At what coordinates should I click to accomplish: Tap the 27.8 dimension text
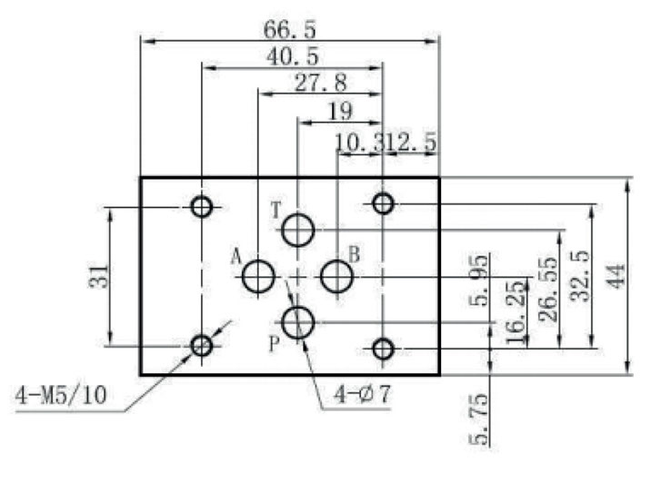point(320,84)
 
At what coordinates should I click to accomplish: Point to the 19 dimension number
point(339,112)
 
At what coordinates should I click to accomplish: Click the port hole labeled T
point(297,231)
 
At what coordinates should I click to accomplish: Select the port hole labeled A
point(259,275)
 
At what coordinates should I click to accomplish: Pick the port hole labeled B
point(337,275)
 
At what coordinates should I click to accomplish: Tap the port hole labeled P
point(297,320)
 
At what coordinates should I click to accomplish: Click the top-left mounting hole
point(202,207)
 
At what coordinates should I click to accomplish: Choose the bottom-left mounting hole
point(202,345)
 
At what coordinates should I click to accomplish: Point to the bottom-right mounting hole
point(384,348)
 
